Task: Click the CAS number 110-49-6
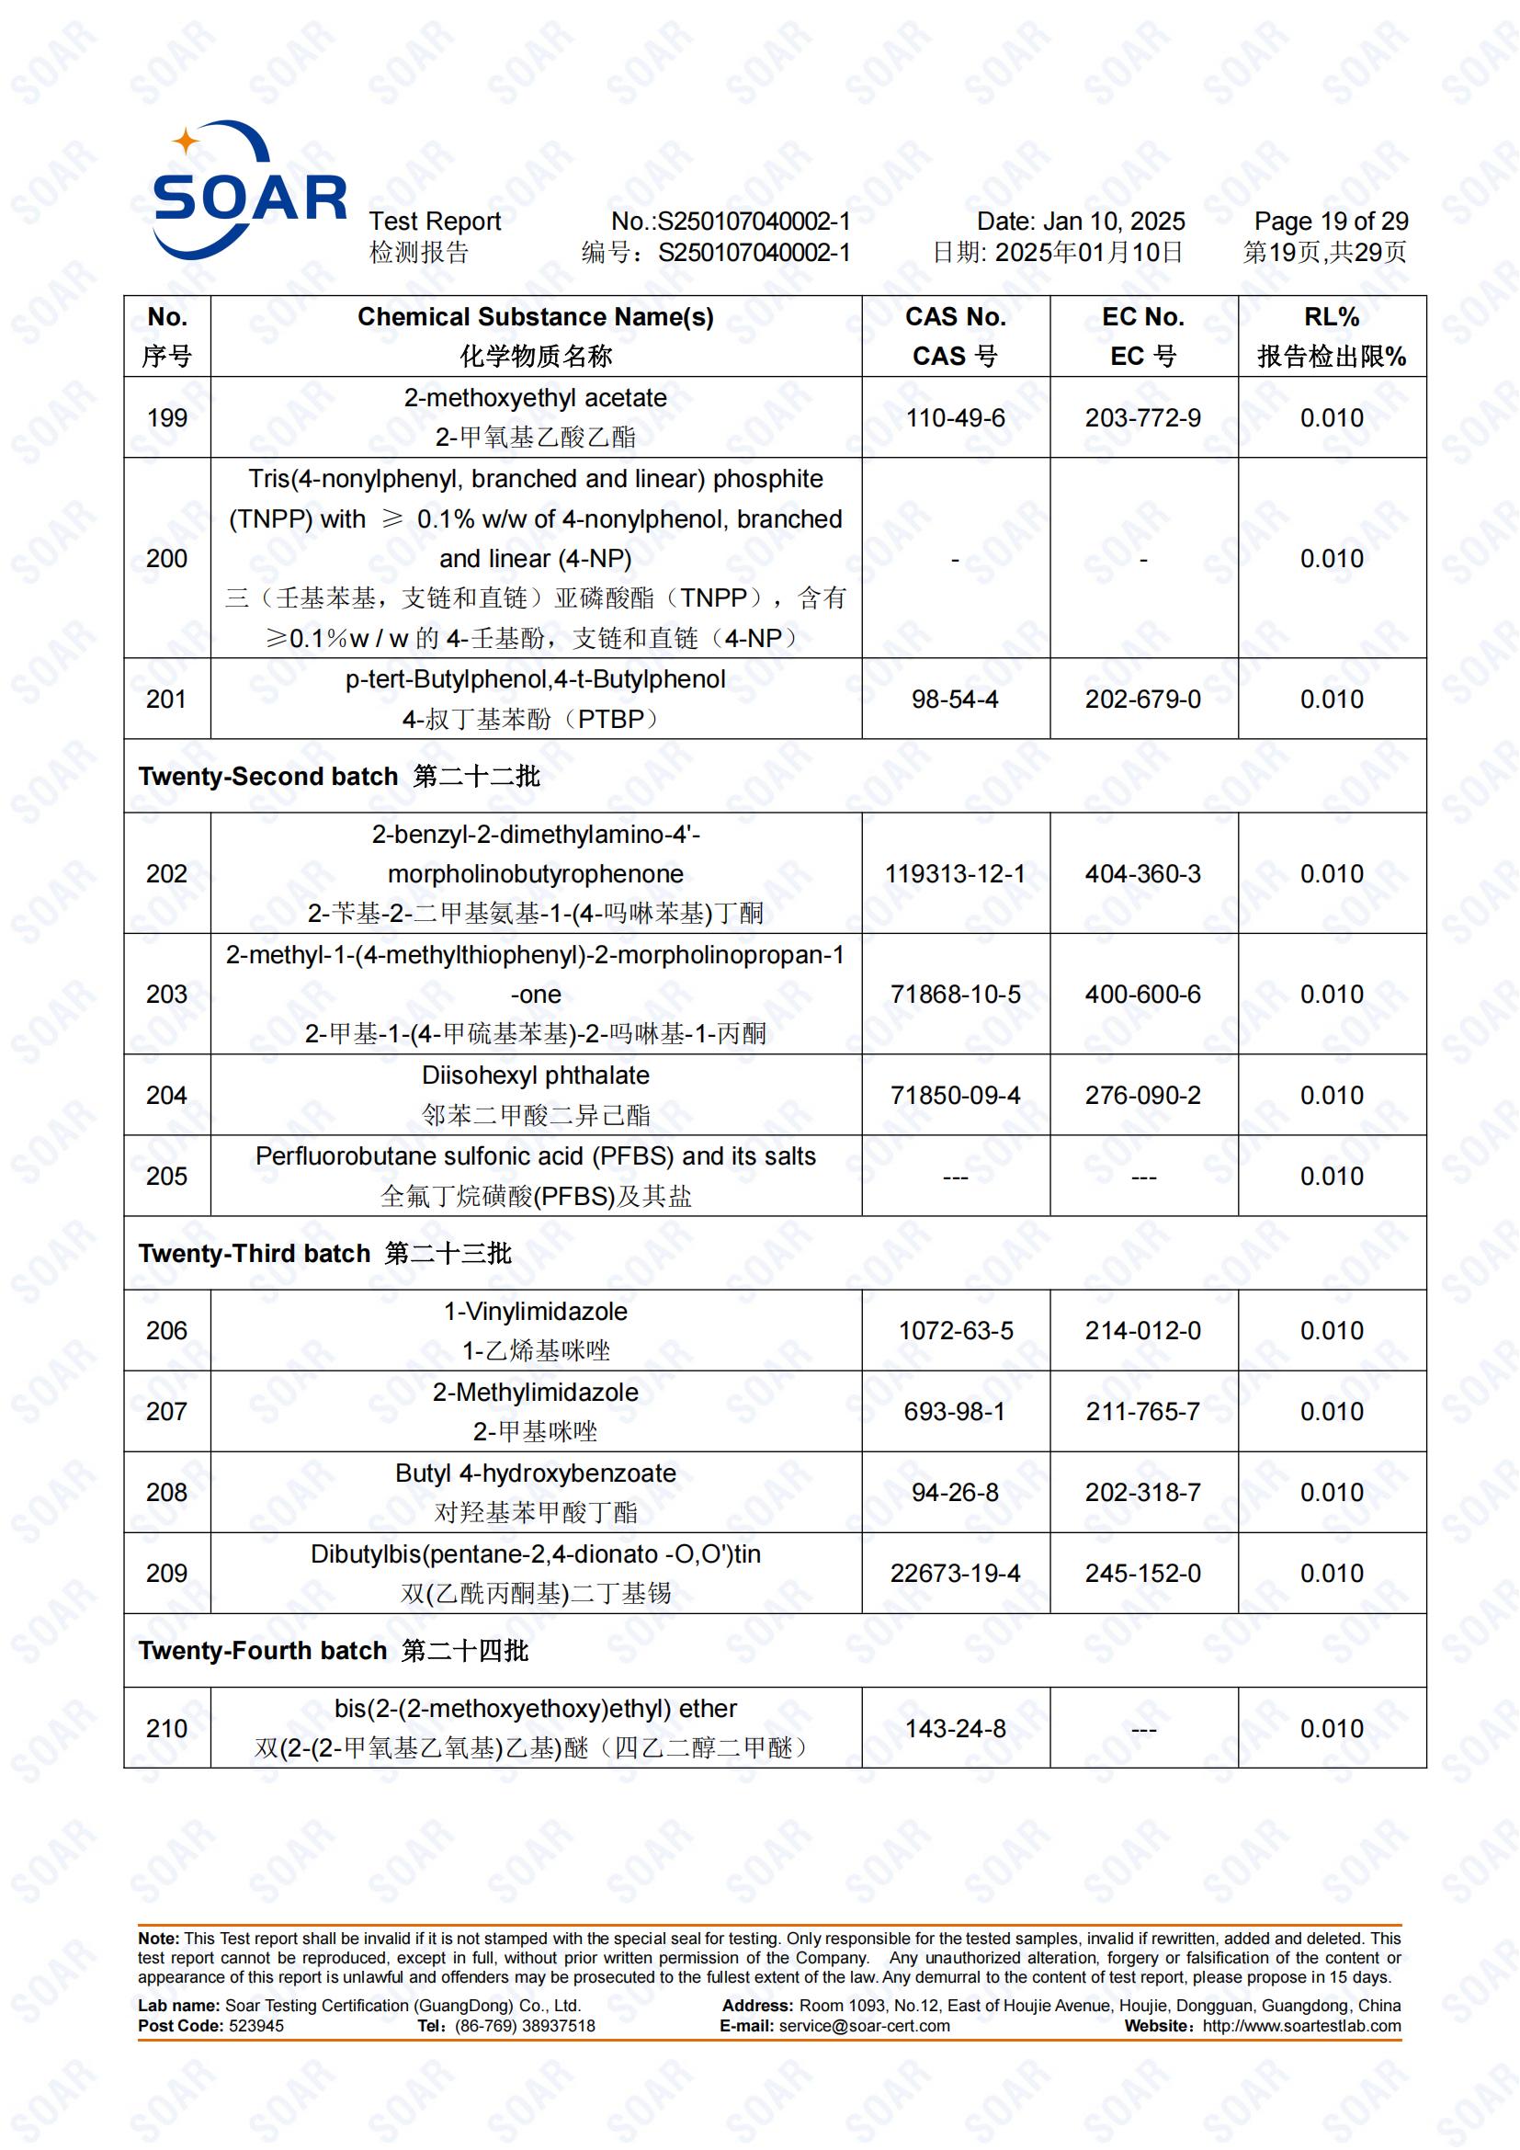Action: pyautogui.click(x=955, y=417)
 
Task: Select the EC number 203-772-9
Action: pyautogui.click(x=1143, y=417)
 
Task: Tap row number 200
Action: pyautogui.click(x=166, y=558)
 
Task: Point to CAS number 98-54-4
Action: pyautogui.click(x=955, y=699)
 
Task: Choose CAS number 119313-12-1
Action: pyautogui.click(x=955, y=873)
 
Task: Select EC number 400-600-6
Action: pyautogui.click(x=1143, y=995)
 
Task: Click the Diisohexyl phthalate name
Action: pyautogui.click(x=536, y=1075)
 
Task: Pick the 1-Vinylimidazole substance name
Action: pyautogui.click(x=536, y=1311)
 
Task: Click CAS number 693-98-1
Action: pyautogui.click(x=955, y=1411)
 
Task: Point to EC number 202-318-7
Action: pyautogui.click(x=1143, y=1492)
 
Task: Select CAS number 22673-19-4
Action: pyautogui.click(x=955, y=1573)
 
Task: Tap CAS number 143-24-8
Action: pyautogui.click(x=955, y=1729)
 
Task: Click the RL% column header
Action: pyautogui.click(x=1331, y=317)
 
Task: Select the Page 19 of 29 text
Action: pyautogui.click(x=1331, y=222)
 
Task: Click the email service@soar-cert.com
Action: pyautogui.click(x=864, y=2027)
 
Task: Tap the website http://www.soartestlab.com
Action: pyautogui.click(x=1301, y=2027)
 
